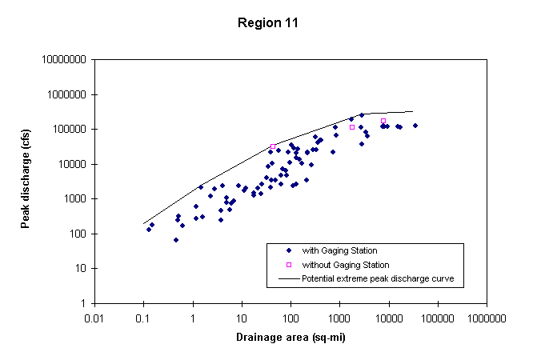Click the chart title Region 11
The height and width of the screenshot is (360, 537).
pyautogui.click(x=268, y=22)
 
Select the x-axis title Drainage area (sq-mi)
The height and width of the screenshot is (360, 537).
pyautogui.click(x=291, y=337)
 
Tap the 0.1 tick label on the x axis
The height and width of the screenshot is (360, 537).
pyautogui.click(x=144, y=317)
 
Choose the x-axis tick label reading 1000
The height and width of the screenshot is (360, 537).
pyautogui.click(x=339, y=317)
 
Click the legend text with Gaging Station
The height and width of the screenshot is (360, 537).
pyautogui.click(x=339, y=250)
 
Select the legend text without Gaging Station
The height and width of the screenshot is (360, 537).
pyautogui.click(x=345, y=265)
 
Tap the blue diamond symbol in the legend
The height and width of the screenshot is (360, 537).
pyautogui.click(x=288, y=250)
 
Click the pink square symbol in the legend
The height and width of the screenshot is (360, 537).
pyautogui.click(x=288, y=265)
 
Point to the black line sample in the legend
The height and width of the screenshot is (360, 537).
pyautogui.click(x=288, y=278)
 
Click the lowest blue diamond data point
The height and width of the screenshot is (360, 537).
pyautogui.click(x=176, y=240)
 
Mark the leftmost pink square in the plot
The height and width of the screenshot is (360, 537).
pyautogui.click(x=273, y=146)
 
